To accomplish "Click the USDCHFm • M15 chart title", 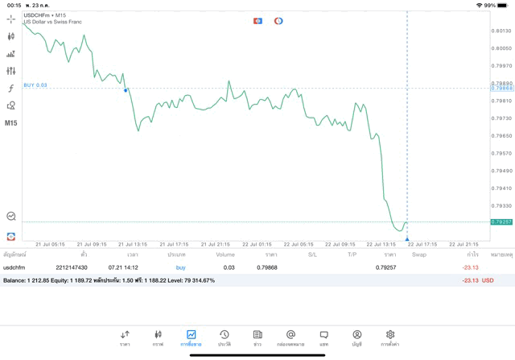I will click(x=45, y=14).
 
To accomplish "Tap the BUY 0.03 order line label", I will click(x=35, y=85).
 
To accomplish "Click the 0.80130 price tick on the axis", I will click(x=501, y=31).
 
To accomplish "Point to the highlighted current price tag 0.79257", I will click(x=501, y=221).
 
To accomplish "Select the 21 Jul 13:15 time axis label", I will click(x=132, y=244).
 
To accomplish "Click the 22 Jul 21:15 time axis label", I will click(x=463, y=244).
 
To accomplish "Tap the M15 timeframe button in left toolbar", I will click(x=10, y=123).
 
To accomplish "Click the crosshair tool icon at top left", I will click(x=10, y=19).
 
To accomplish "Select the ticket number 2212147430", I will click(x=71, y=267).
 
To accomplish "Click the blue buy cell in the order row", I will click(x=180, y=267).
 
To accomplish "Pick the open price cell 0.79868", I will click(x=267, y=267).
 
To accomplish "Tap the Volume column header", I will click(x=225, y=254).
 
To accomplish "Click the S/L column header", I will click(x=312, y=254).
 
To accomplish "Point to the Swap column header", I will click(x=419, y=254).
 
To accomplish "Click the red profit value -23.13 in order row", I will click(x=470, y=267).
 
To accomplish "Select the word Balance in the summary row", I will click(x=14, y=280).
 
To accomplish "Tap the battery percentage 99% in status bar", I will click(x=490, y=5).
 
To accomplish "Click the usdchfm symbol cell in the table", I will click(x=14, y=267).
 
